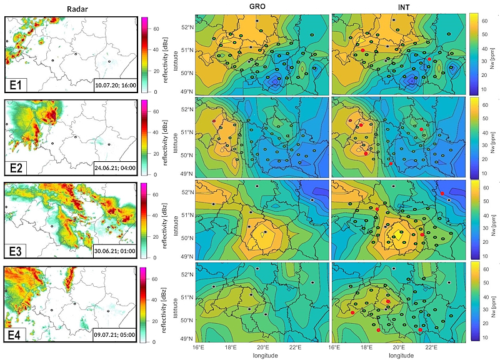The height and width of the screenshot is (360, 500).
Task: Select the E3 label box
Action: pyautogui.click(x=19, y=250)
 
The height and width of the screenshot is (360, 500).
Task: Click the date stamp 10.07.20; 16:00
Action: pyautogui.click(x=114, y=82)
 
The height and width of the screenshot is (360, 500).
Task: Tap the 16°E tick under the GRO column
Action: pyautogui.click(x=199, y=346)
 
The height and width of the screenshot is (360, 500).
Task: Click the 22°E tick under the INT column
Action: pyautogui.click(x=431, y=346)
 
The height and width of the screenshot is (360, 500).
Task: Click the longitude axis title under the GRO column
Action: pyautogui.click(x=262, y=354)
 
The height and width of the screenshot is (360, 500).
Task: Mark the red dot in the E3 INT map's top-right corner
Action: pyautogui.click(x=442, y=194)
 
